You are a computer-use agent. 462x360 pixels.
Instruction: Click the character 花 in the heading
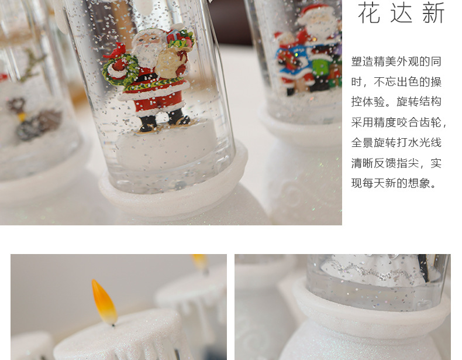369,13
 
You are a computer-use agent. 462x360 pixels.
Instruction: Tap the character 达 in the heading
401,13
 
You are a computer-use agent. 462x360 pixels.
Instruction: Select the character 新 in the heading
433,13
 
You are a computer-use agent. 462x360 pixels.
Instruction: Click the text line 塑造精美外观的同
396,61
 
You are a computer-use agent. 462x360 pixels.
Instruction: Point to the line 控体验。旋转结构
396,102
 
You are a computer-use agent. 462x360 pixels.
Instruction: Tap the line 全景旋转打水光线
396,143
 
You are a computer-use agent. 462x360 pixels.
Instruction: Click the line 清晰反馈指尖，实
396,163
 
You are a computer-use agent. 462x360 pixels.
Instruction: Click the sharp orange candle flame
104,301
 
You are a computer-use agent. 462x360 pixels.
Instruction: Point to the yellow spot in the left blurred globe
22,116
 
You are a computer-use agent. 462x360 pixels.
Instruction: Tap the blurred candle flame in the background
199,260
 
